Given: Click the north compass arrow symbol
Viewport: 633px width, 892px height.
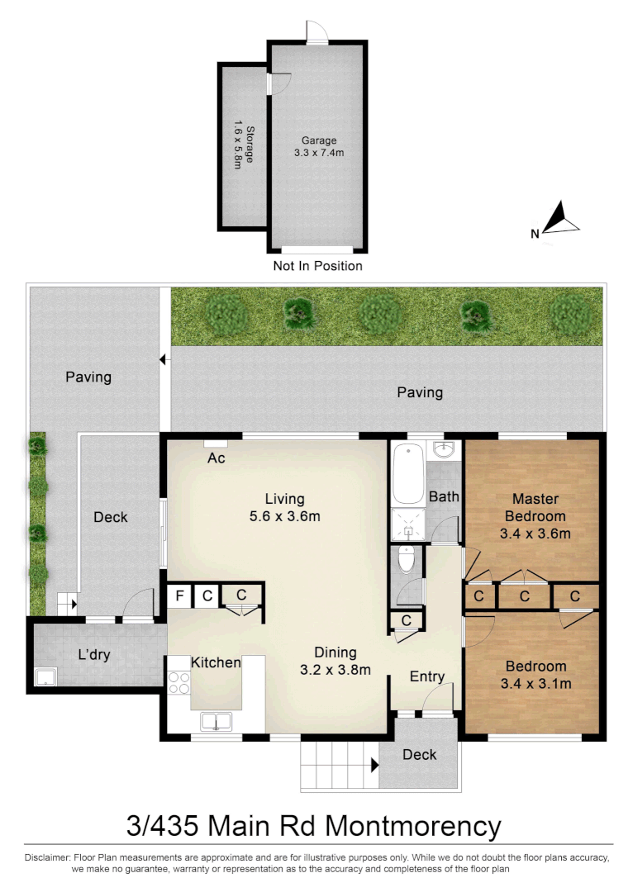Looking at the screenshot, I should (562, 220).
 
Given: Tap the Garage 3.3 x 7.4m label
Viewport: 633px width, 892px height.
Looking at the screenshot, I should (318, 146).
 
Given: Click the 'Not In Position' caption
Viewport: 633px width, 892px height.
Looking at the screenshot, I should (317, 266).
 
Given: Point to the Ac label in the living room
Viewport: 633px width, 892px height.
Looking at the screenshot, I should (217, 458).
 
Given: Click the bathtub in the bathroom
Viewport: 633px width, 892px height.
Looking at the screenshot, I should (407, 474).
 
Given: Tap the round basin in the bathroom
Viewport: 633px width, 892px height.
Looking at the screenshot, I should (445, 450).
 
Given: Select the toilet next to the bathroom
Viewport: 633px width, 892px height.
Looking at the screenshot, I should (406, 559).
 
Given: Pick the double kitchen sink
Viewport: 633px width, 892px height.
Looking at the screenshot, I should (216, 722).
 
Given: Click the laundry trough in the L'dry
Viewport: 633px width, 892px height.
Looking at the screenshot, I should (45, 678).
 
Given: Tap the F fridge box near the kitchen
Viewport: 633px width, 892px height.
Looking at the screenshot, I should (178, 595).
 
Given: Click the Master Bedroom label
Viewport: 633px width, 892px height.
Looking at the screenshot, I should (535, 506).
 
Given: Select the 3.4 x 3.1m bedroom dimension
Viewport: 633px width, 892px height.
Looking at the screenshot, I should (535, 683).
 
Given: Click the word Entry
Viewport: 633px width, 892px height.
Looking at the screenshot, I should (427, 676).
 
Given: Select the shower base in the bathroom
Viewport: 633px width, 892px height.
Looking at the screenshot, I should (407, 524).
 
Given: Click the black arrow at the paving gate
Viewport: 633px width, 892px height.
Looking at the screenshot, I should (164, 359).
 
